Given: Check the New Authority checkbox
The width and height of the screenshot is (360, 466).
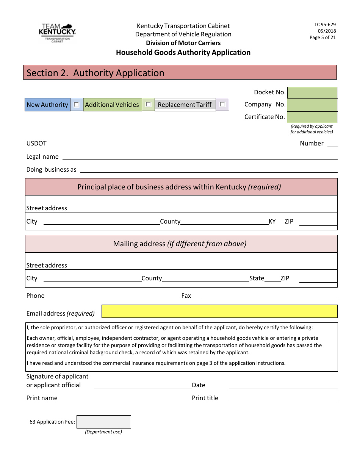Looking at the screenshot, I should coord(77,105).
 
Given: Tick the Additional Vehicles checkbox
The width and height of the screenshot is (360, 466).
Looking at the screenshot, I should coord(149,105).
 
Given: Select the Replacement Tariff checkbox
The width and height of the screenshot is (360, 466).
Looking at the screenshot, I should coord(222,105).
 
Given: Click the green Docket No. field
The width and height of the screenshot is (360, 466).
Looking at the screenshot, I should coord(312,92).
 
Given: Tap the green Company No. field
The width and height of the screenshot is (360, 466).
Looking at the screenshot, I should coord(312,105).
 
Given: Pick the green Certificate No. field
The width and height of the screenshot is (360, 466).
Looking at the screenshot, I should coord(312,117).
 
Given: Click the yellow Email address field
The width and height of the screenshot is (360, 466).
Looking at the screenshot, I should coord(219,311).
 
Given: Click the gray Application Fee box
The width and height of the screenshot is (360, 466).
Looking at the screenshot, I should coord(104,422).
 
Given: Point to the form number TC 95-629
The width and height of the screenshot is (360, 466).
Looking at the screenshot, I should coord(325,25).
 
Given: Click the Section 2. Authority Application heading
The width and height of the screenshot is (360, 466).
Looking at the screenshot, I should coord(95,73).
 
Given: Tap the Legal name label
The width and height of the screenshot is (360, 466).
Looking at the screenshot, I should coord(42,157).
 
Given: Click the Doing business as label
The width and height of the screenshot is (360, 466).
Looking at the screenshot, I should coord(51,170).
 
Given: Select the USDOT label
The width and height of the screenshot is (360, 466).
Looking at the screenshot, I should coord(36,144).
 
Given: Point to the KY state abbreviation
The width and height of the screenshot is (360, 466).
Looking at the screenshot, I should coord(272,222).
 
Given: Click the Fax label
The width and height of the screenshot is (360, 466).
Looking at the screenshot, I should coord(186,296).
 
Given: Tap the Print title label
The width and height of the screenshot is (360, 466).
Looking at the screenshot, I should coord(205,398).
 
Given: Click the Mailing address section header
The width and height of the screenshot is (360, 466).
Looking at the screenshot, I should coord(180,244).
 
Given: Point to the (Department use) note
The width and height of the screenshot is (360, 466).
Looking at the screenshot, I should coord(103,432).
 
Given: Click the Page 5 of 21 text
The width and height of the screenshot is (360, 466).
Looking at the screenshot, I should coord(322,38).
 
